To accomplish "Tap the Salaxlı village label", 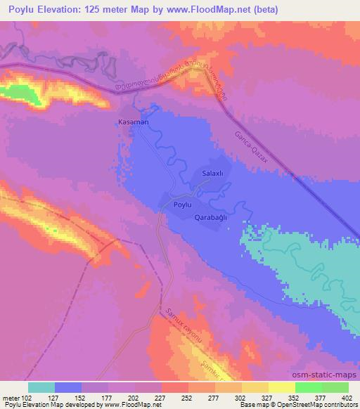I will coord(212,173).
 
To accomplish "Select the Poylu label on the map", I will coord(184,204).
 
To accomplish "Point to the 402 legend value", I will coord(347,397).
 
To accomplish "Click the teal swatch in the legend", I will coord(41,387).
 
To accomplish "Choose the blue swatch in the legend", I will coord(68,387).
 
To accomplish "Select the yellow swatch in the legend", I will coord(282,387).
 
